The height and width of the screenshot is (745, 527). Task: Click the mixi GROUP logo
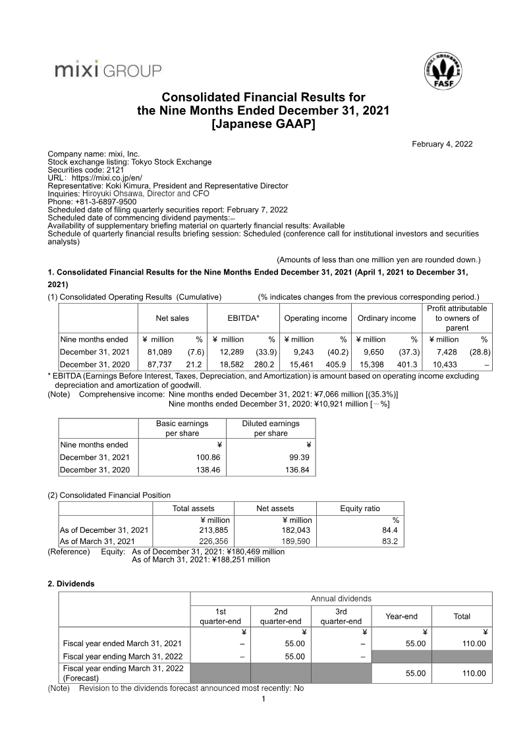click(107, 69)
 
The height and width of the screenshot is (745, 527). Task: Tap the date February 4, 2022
click(442, 144)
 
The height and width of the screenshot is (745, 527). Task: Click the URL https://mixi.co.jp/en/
click(107, 178)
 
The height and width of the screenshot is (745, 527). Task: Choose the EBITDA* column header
click(243, 318)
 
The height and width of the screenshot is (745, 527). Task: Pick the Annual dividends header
click(341, 598)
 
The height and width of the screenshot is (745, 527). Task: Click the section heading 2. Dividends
click(71, 583)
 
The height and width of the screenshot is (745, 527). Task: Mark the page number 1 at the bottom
click(263, 699)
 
